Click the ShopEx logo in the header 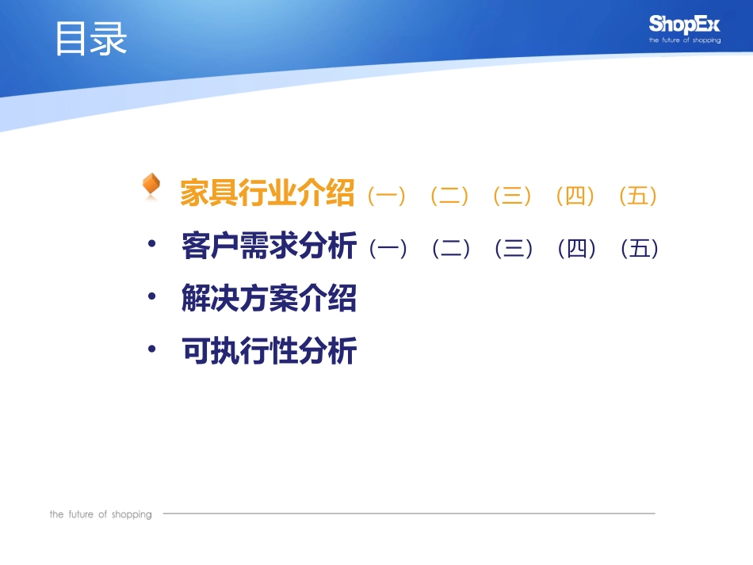click(685, 28)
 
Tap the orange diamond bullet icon click(151, 186)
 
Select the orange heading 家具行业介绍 click(267, 193)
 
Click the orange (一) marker click(387, 195)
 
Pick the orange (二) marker click(449, 195)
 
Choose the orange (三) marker click(512, 195)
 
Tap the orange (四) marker click(575, 195)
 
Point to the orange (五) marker click(638, 195)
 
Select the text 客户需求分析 click(269, 246)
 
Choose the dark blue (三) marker click(514, 249)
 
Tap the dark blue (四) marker click(577, 249)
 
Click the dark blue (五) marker click(640, 249)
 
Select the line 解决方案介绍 click(269, 299)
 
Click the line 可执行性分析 click(269, 350)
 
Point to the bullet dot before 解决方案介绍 click(152, 296)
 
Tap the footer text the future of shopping click(101, 514)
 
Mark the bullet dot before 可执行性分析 click(152, 348)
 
